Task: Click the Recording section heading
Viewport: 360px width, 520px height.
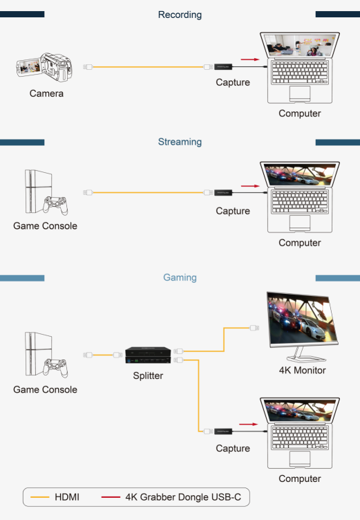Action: (180, 15)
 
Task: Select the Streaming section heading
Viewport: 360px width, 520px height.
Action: (180, 142)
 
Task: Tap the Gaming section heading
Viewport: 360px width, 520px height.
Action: (180, 277)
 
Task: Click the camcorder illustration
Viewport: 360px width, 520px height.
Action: (44, 67)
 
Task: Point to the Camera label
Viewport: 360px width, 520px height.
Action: (46, 93)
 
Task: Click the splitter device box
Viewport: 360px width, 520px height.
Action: (148, 355)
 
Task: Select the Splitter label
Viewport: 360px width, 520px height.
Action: (148, 375)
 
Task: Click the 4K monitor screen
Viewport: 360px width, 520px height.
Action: (302, 319)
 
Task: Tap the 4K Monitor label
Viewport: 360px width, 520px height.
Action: (303, 370)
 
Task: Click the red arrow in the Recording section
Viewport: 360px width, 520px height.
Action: (250, 59)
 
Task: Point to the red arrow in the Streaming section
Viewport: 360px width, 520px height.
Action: (250, 186)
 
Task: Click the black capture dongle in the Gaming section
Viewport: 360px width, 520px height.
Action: (223, 431)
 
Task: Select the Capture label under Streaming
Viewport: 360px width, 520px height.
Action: (233, 211)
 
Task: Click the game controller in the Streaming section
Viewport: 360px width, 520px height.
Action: (55, 205)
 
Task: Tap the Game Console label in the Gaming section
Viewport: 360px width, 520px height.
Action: (45, 389)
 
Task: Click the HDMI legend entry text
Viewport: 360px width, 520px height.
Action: (67, 497)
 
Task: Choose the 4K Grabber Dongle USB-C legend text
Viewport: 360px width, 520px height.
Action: (183, 497)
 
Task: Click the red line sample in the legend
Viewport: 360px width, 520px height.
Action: (111, 497)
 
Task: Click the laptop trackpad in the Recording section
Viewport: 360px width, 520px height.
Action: (300, 94)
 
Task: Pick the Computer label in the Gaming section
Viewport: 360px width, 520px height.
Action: (300, 479)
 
